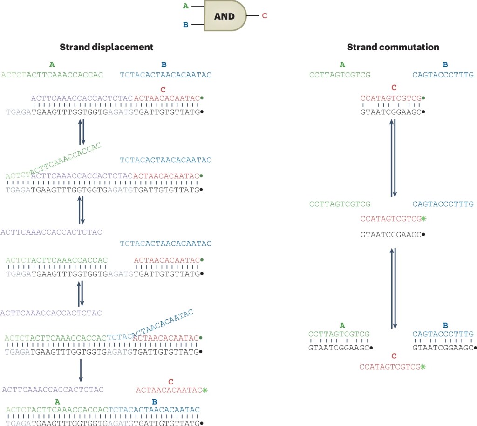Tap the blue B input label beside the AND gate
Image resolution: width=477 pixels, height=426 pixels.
(x=186, y=25)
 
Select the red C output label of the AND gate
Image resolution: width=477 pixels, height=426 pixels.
(x=265, y=16)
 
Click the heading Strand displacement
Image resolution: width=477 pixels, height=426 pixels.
(x=107, y=47)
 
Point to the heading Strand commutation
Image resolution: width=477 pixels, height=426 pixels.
(x=393, y=47)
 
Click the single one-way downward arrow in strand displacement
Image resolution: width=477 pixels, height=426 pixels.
(x=81, y=370)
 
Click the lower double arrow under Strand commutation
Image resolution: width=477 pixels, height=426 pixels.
(x=393, y=288)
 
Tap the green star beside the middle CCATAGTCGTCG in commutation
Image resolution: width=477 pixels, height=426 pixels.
(x=423, y=218)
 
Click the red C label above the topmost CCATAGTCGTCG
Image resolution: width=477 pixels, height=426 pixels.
(x=394, y=87)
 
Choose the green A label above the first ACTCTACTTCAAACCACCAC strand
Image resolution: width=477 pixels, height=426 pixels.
(x=51, y=64)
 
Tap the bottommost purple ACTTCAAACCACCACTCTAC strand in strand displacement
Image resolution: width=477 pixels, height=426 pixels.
(x=53, y=390)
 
